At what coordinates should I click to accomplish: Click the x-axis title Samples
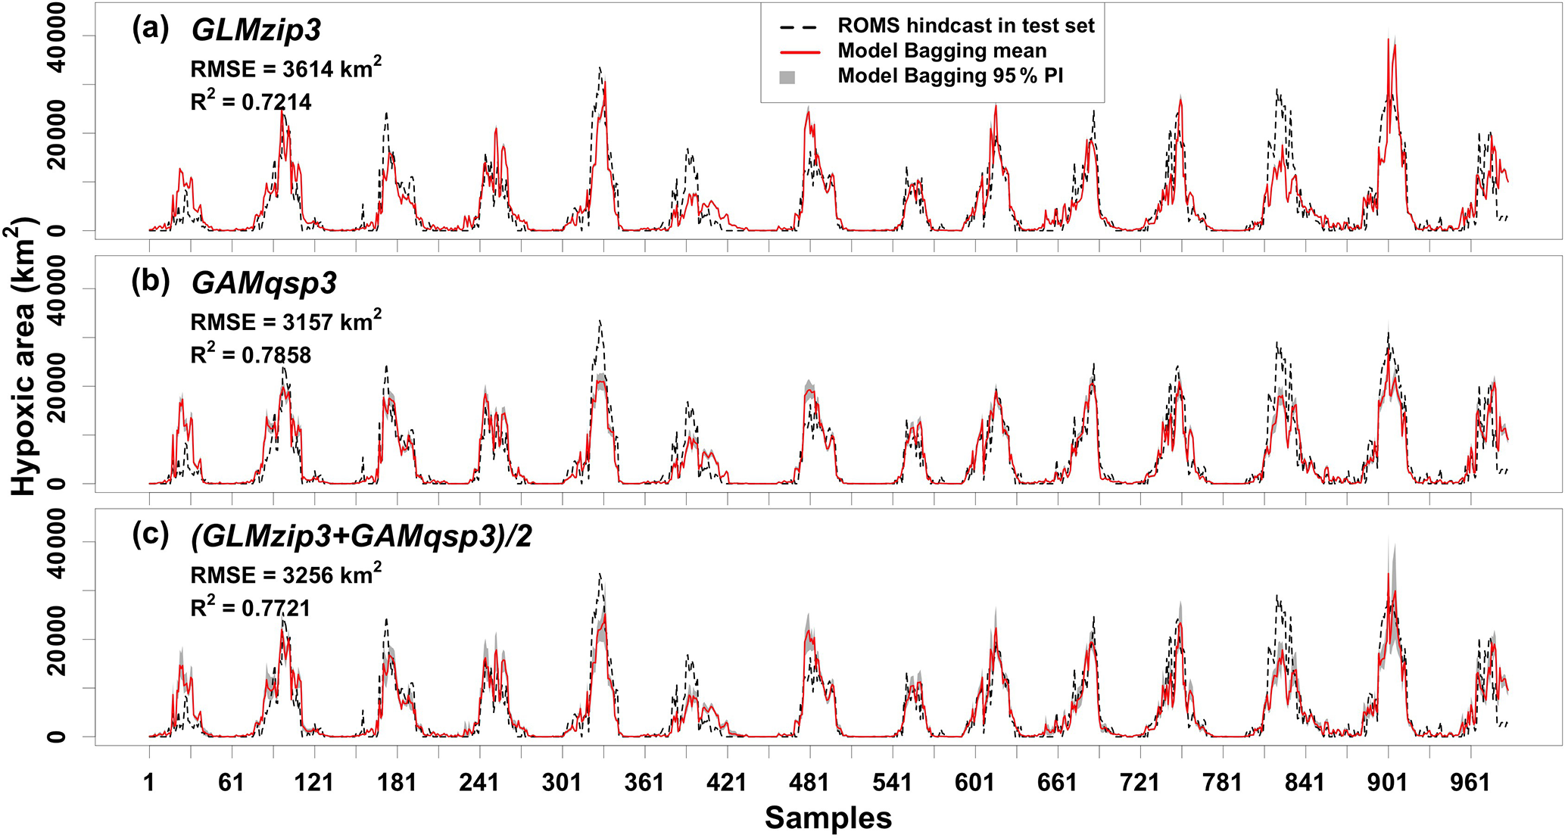click(828, 818)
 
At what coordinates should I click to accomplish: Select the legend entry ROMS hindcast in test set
click(965, 26)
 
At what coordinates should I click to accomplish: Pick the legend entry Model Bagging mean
click(942, 51)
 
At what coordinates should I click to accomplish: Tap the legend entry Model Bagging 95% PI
click(950, 76)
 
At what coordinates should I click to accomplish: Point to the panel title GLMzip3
click(256, 30)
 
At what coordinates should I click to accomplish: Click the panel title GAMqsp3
click(263, 283)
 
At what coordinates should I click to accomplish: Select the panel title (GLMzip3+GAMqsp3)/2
click(361, 536)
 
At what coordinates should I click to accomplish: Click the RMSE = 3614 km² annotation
click(285, 68)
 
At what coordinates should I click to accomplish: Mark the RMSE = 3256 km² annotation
click(285, 575)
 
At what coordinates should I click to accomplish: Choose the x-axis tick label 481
click(809, 782)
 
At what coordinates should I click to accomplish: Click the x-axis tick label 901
click(1387, 782)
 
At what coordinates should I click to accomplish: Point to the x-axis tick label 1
click(149, 782)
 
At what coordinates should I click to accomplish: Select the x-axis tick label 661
click(1057, 782)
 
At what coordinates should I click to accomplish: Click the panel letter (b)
click(150, 281)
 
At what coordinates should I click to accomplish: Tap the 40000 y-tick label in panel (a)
click(58, 36)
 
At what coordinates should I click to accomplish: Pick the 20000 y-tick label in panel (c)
click(58, 639)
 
